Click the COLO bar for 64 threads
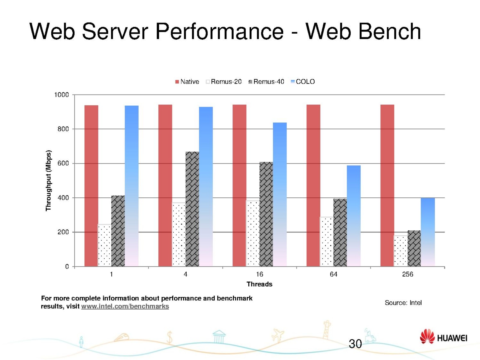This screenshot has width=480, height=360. pyautogui.click(x=354, y=216)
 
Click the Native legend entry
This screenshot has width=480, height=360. pyautogui.click(x=187, y=82)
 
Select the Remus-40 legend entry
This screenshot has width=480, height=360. pyautogui.click(x=266, y=82)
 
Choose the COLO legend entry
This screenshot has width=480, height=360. pyautogui.click(x=303, y=82)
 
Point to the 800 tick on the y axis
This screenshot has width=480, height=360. pyautogui.click(x=63, y=129)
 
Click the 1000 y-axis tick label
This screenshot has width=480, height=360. pyautogui.click(x=61, y=95)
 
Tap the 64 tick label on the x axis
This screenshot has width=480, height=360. pyautogui.click(x=333, y=274)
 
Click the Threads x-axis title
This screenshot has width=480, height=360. pyautogui.click(x=259, y=284)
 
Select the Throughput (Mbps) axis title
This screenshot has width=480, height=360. pyautogui.click(x=48, y=181)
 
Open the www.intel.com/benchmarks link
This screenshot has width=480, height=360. pyautogui.click(x=125, y=306)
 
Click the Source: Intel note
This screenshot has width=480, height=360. pyautogui.click(x=403, y=303)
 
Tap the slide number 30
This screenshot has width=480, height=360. pyautogui.click(x=355, y=344)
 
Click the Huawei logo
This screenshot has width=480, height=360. pyautogui.click(x=443, y=337)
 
